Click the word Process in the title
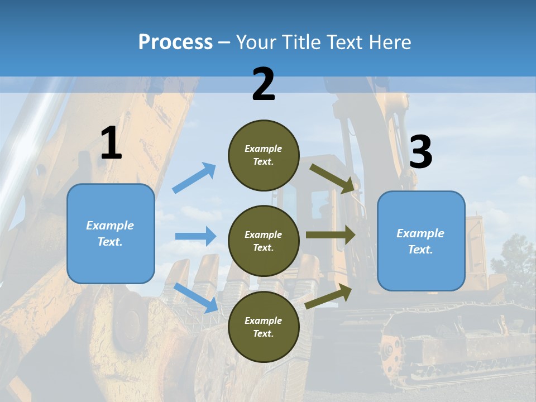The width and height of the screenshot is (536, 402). click(175, 42)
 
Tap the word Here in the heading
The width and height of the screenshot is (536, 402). click(391, 42)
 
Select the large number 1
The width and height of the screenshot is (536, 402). click(111, 143)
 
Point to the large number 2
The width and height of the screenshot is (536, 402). click(264, 84)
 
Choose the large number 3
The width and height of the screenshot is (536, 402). click(420, 152)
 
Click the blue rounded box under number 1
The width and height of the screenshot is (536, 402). click(111, 233)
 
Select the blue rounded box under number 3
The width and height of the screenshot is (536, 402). click(421, 241)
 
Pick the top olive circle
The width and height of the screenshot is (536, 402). click(264, 155)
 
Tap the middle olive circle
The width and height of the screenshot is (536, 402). click(264, 241)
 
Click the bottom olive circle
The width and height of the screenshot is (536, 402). click(264, 327)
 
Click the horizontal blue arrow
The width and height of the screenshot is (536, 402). click(195, 236)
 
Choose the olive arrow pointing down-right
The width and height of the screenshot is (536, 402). click(332, 178)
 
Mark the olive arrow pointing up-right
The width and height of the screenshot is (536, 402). click(329, 296)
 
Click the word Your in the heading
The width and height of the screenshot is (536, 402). click(256, 42)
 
